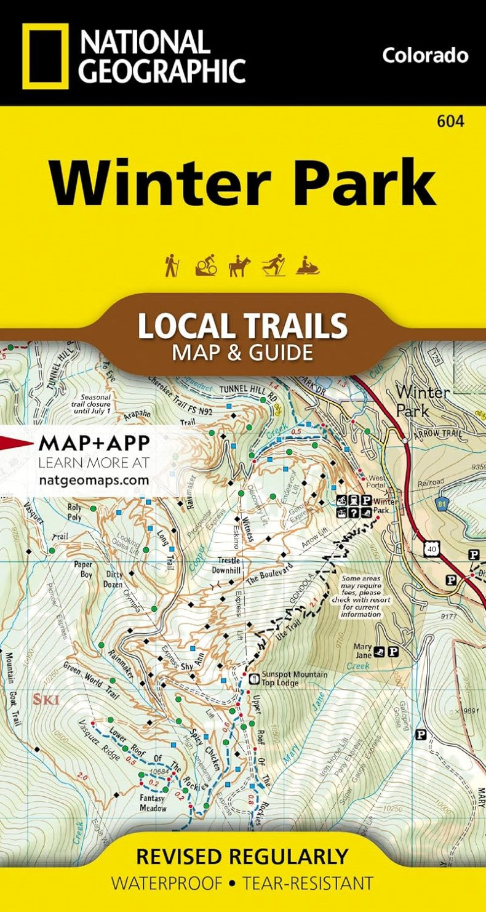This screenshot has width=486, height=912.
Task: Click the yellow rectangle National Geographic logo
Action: [x=46, y=56]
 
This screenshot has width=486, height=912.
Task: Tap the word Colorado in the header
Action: [x=425, y=55]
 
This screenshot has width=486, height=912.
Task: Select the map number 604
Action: [x=450, y=121]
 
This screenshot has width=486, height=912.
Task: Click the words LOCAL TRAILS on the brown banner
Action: [x=242, y=326]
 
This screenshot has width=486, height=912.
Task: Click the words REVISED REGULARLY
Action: [x=242, y=856]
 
